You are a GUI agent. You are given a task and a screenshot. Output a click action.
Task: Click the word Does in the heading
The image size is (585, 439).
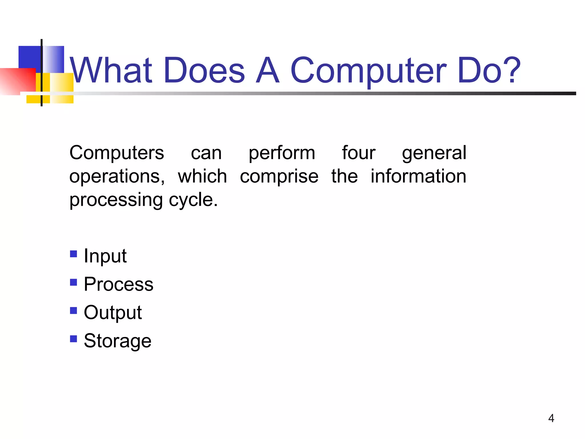204,71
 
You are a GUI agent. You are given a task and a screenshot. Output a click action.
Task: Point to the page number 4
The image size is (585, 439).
551,418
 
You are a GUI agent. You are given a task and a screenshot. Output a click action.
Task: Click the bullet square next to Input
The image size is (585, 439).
73,254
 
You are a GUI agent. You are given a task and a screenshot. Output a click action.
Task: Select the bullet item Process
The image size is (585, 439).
118,284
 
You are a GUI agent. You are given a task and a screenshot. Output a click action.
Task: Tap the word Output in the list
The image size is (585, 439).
113,312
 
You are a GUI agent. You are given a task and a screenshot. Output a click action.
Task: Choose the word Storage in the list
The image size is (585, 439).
117,341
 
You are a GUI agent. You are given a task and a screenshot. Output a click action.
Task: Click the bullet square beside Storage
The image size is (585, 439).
73,339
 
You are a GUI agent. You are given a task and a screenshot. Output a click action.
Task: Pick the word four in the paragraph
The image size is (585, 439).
358,153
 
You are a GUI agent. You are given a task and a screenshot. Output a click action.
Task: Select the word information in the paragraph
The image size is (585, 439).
418,176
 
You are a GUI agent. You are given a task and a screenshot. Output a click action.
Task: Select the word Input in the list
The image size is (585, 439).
105,256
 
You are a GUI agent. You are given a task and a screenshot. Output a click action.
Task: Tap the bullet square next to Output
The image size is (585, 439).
73,310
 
